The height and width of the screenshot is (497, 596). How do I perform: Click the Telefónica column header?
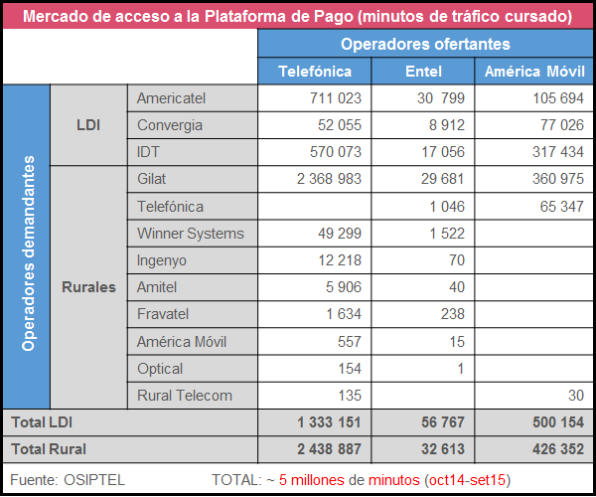click(315, 72)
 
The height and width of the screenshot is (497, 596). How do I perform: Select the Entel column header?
click(424, 72)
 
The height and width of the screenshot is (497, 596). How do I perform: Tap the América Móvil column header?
click(532, 72)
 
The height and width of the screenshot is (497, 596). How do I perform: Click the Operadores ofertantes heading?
click(425, 44)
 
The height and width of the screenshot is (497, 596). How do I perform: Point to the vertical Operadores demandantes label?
click(29, 252)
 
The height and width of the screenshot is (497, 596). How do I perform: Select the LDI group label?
click(88, 125)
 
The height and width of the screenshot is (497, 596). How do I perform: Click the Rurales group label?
click(88, 287)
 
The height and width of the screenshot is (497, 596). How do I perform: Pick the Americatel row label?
click(170, 98)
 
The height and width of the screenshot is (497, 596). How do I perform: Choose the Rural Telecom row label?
click(185, 396)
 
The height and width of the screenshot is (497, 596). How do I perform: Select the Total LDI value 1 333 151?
click(327, 422)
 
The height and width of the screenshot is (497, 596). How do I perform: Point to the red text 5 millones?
click(316, 480)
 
